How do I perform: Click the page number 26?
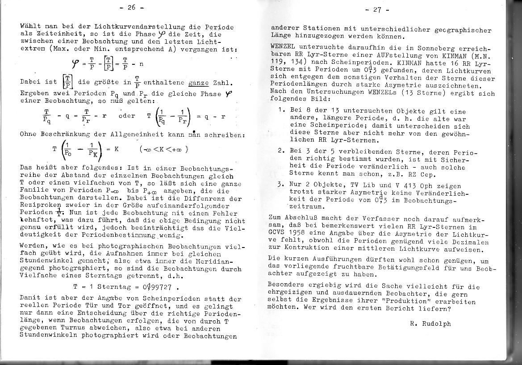click(x=133, y=8)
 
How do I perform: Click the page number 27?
click(x=377, y=9)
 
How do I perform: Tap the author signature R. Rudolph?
click(x=430, y=324)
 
